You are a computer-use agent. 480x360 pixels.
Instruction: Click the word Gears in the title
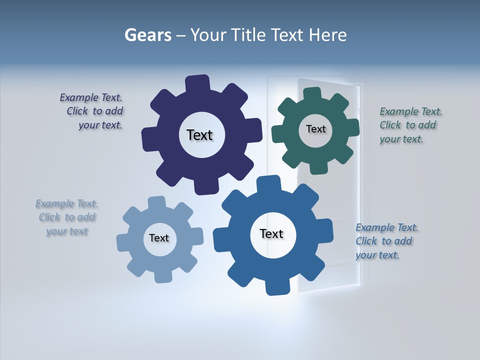pyautogui.click(x=147, y=35)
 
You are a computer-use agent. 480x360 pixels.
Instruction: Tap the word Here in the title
pyautogui.click(x=327, y=35)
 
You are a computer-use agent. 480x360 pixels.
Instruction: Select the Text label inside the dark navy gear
pyautogui.click(x=199, y=135)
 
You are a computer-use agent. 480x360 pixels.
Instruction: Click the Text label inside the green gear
pyautogui.click(x=315, y=129)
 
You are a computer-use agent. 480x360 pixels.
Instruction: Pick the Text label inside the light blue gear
pyautogui.click(x=159, y=238)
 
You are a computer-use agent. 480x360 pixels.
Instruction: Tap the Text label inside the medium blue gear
pyautogui.click(x=271, y=233)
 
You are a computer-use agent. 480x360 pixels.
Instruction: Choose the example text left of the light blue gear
pyautogui.click(x=67, y=217)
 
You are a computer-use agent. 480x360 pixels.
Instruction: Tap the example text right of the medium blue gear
pyautogui.click(x=386, y=241)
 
